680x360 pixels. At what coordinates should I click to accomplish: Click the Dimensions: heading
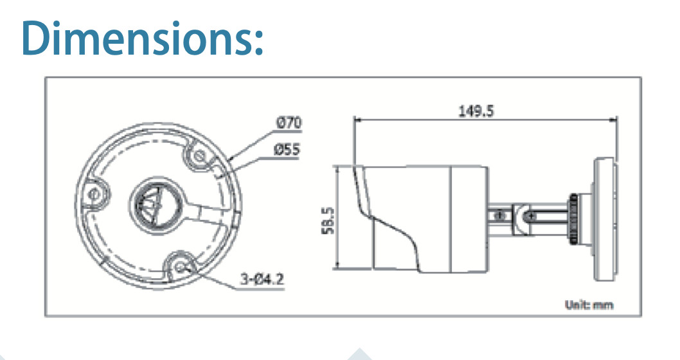point(142,38)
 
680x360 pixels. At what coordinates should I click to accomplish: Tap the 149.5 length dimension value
point(476,111)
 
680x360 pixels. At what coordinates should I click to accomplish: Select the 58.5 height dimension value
point(328,221)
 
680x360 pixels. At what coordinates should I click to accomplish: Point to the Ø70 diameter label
point(289,123)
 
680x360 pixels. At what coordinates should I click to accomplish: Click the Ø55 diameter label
point(286,150)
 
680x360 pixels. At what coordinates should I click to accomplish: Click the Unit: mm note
point(589,305)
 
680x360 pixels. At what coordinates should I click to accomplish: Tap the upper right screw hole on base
point(199,156)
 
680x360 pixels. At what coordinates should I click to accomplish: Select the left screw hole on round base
point(93,194)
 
